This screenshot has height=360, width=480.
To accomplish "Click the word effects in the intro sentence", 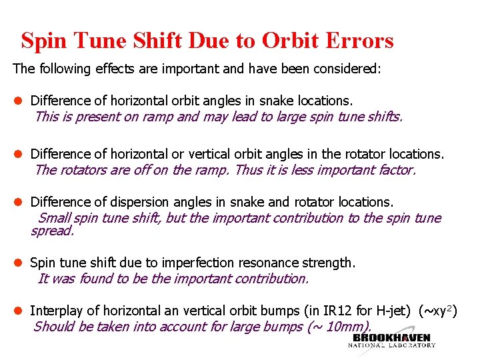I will point(99,69).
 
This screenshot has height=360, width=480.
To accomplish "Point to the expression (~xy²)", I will point(437,311).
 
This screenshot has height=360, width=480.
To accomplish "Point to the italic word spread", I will point(52,231).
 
